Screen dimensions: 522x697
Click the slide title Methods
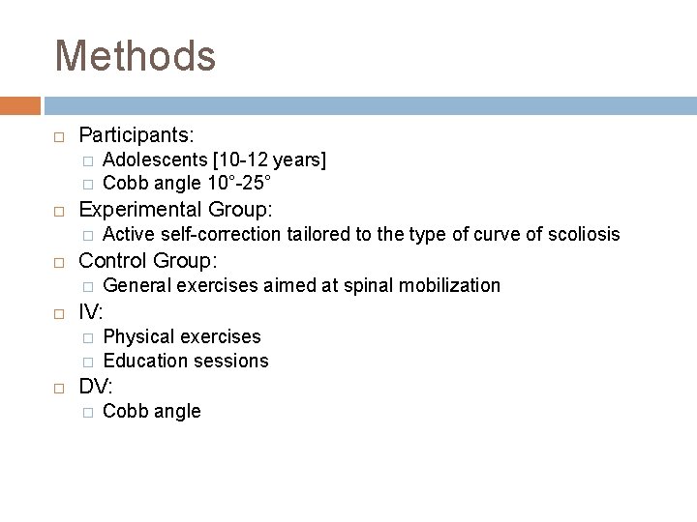(135, 55)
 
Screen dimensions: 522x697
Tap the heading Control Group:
(147, 260)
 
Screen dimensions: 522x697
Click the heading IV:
(91, 311)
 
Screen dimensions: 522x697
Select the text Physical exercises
(181, 336)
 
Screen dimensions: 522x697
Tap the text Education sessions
(185, 361)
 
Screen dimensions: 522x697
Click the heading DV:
(96, 387)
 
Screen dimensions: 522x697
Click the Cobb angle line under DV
(151, 412)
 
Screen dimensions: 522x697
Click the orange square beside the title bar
(20, 103)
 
